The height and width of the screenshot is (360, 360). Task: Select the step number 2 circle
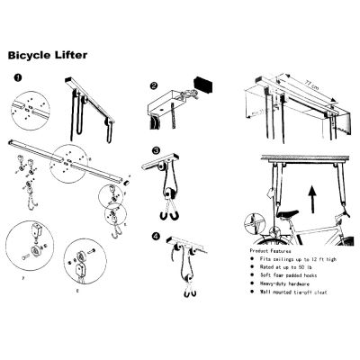point(154,87)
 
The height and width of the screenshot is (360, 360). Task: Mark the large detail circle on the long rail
point(72,162)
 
